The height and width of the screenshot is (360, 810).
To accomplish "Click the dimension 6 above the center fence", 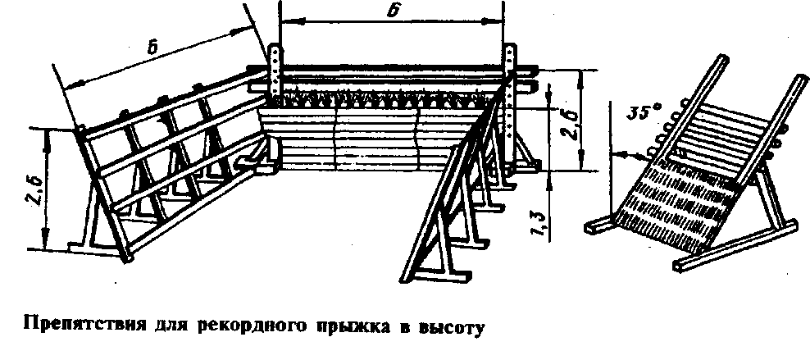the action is pos(394,11).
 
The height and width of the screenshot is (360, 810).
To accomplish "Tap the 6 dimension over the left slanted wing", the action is pos(153,48).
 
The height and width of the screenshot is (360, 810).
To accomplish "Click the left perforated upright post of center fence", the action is pos(275,72).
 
